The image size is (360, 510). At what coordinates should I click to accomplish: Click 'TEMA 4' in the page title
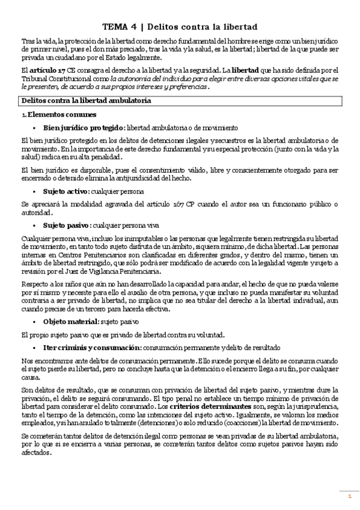(x=119, y=27)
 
